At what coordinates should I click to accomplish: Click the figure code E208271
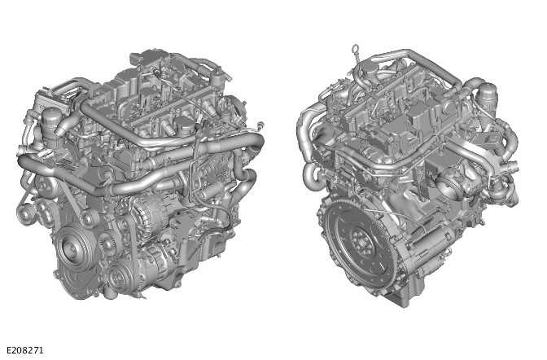[24, 350]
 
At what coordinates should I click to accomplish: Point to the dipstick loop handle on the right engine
[356, 50]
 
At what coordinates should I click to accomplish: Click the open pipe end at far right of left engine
[258, 141]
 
